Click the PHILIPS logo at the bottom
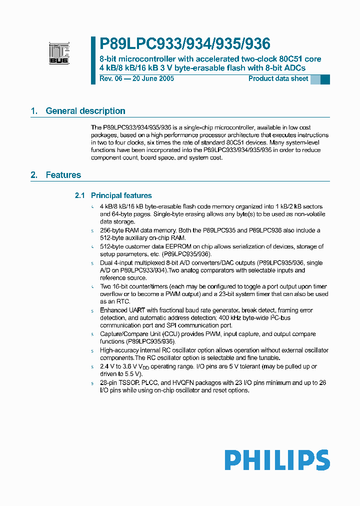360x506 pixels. tap(276, 460)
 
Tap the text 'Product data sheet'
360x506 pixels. tap(278, 79)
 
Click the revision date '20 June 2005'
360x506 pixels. tap(153, 79)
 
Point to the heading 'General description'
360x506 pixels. tap(85, 111)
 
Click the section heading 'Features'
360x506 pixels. tap(63, 175)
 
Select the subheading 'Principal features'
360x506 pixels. tap(121, 195)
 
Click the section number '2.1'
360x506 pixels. tap(80, 195)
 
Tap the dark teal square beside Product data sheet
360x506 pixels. tap(325, 79)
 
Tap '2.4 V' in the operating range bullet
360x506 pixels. tap(107, 366)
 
